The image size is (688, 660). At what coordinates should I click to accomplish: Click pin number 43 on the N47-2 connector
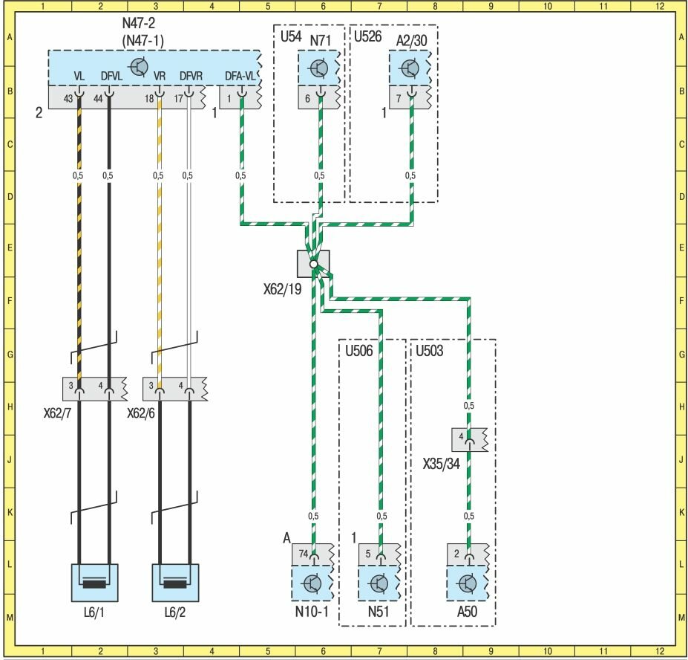pyautogui.click(x=68, y=98)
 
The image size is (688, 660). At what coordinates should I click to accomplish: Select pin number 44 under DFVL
pyautogui.click(x=97, y=98)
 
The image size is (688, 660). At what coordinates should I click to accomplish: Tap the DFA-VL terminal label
pyautogui.click(x=240, y=75)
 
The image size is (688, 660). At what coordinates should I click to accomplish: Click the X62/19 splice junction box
pyautogui.click(x=313, y=264)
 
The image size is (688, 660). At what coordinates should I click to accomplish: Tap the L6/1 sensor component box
pyautogui.click(x=94, y=582)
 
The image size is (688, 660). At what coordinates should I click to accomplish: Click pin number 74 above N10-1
pyautogui.click(x=303, y=554)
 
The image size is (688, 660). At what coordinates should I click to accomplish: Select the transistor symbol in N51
pyautogui.click(x=380, y=583)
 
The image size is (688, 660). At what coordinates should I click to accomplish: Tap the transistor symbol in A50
pyautogui.click(x=468, y=583)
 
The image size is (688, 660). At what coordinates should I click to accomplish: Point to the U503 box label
pyautogui.click(x=429, y=350)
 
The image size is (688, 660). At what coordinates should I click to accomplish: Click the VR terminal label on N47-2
pyautogui.click(x=158, y=75)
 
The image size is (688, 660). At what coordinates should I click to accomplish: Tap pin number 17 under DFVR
pyautogui.click(x=178, y=98)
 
